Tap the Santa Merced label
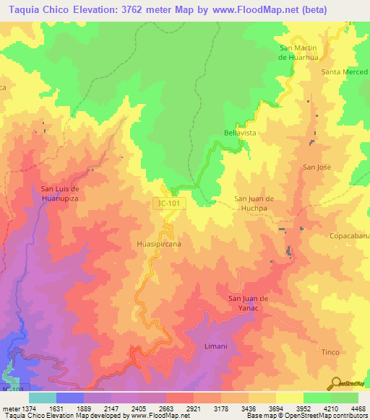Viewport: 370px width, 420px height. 345,72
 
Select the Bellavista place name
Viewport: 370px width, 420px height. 241,134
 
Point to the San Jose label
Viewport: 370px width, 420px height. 317,167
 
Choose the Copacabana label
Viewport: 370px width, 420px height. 350,236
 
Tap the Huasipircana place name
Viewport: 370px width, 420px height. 158,245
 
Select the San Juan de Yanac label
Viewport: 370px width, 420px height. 249,303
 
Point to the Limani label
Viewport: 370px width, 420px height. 216,346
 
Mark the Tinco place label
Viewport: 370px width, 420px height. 330,351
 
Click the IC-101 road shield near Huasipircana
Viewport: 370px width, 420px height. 169,204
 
